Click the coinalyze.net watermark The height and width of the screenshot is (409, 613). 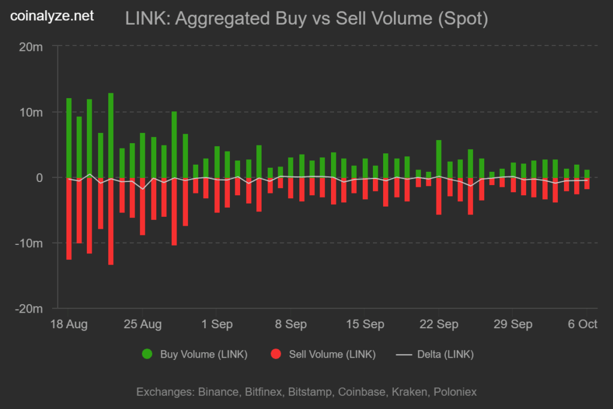click(x=53, y=16)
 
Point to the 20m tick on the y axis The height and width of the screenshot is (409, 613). click(x=31, y=47)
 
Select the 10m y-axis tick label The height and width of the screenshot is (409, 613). click(x=31, y=112)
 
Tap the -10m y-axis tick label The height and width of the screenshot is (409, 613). click(x=29, y=243)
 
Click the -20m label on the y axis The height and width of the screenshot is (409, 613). click(x=29, y=309)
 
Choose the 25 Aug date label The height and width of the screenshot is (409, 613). click(x=142, y=325)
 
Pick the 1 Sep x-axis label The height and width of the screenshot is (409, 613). click(x=218, y=325)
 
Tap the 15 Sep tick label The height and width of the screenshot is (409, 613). click(x=365, y=325)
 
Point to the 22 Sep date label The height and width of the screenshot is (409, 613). click(x=439, y=325)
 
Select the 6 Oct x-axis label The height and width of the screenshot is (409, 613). click(x=582, y=325)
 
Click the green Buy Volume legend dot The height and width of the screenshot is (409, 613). click(x=147, y=354)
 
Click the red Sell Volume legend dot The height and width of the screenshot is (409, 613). click(x=276, y=354)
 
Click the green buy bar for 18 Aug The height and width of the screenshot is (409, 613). click(x=69, y=138)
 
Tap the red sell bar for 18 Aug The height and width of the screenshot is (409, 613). click(x=69, y=219)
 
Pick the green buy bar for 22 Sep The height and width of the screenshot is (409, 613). click(x=439, y=159)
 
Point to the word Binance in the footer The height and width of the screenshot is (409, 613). click(x=218, y=392)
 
